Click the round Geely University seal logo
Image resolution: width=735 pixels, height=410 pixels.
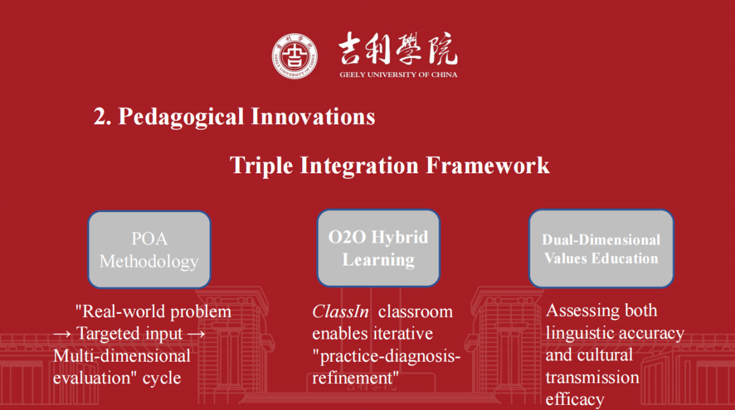coord(295,56)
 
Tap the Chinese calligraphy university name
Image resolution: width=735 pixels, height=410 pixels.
coord(398,48)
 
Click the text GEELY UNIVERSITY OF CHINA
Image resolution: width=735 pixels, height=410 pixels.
coord(398,74)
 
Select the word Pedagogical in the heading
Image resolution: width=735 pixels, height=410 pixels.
coord(181,117)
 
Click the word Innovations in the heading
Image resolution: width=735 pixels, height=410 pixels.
coord(313,116)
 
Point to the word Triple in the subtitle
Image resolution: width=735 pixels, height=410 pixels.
coord(261,166)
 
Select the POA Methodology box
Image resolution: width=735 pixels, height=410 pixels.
coord(150,250)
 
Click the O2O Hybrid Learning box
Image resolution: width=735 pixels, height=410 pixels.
coord(378,248)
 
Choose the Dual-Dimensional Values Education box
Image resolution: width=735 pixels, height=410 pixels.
coord(601,248)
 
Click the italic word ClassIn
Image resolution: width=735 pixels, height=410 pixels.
coord(340,312)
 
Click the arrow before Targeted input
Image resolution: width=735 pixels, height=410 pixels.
coord(62,334)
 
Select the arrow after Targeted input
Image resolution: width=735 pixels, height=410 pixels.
coord(196,334)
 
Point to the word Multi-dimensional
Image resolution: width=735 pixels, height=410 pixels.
coord(122,356)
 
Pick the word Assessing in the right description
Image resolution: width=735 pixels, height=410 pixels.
coord(576,311)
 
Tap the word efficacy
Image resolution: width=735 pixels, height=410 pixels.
coord(575,399)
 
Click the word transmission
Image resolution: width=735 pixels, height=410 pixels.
coord(592,378)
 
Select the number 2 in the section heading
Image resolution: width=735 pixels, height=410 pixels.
coord(99,117)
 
